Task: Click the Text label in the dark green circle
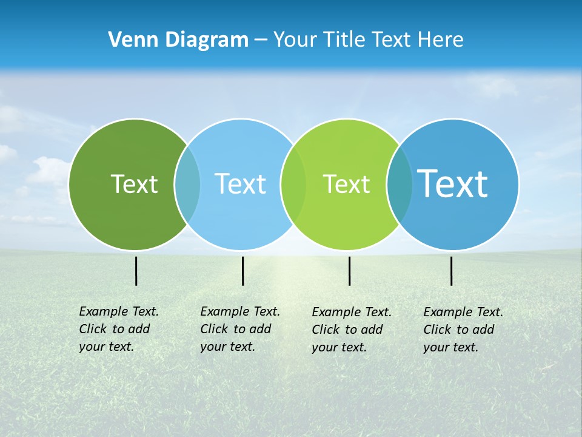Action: tap(134, 184)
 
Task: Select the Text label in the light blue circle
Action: tap(240, 184)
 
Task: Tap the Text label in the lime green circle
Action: tap(346, 184)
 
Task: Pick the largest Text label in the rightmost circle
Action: tap(453, 183)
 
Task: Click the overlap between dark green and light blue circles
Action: tap(187, 185)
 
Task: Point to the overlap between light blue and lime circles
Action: tap(293, 185)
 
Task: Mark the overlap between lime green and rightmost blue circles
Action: tap(399, 185)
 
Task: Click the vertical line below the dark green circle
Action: tap(136, 271)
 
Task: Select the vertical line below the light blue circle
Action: tap(242, 271)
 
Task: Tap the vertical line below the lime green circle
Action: tap(349, 271)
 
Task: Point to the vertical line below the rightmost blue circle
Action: tap(451, 271)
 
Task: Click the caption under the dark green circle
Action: tap(118, 329)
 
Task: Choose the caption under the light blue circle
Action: tap(239, 329)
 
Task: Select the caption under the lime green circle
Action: tap(351, 330)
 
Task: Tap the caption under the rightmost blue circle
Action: tap(463, 330)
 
